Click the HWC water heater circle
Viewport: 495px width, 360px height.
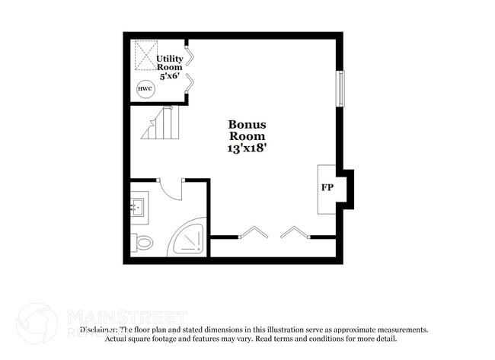(x=145, y=89)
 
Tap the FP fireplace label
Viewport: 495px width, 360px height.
(x=327, y=187)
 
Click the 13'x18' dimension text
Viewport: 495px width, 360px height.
(x=247, y=149)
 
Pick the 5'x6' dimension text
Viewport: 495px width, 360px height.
(x=168, y=76)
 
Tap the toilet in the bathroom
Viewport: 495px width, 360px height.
(x=143, y=243)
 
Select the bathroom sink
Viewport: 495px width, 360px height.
(x=138, y=205)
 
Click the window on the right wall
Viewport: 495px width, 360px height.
(x=340, y=89)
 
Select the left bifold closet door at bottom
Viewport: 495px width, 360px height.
(x=253, y=232)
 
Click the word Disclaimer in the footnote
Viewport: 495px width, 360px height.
(x=98, y=330)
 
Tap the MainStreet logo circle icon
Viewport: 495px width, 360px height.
(x=37, y=323)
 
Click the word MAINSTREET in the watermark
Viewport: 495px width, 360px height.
(x=127, y=316)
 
